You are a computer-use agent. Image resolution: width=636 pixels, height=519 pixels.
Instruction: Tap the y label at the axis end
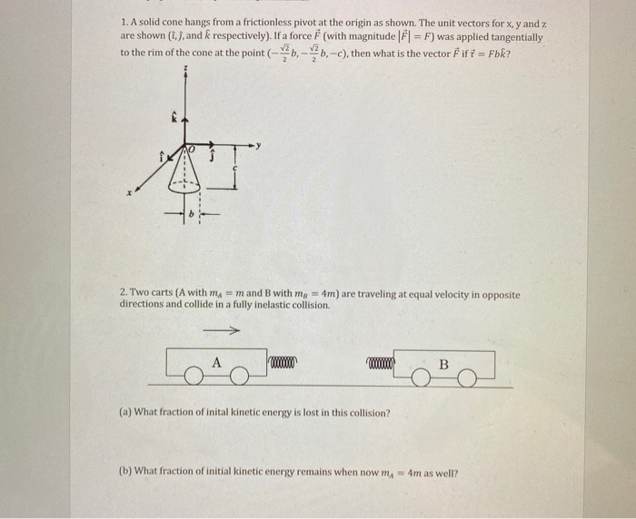click(259, 143)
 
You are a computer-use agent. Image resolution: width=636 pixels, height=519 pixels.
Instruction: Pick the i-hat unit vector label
click(166, 157)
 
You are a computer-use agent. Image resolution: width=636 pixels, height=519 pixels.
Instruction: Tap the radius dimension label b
click(192, 219)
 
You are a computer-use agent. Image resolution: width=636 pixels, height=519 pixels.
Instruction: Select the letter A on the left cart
click(216, 361)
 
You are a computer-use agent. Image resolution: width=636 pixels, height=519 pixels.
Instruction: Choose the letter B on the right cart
click(443, 365)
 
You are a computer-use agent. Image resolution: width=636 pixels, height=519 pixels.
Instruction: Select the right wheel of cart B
click(467, 379)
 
